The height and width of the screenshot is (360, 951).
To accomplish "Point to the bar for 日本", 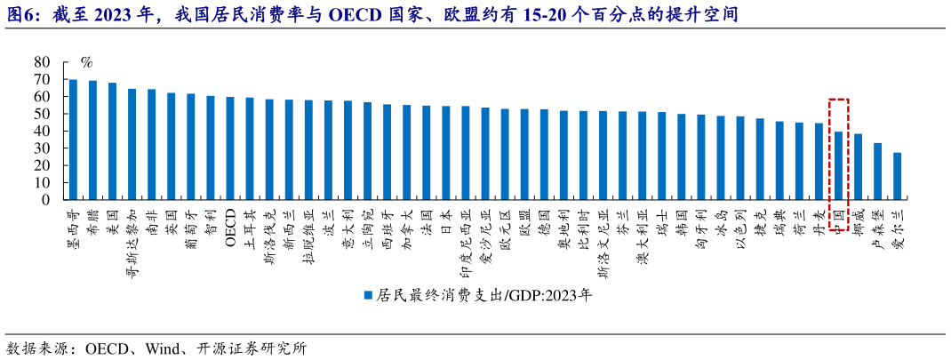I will [445, 153].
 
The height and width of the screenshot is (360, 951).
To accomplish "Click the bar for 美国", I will [112, 141].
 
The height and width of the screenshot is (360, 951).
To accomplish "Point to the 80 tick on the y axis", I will [42, 62].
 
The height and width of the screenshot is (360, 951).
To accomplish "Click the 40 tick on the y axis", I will [42, 132].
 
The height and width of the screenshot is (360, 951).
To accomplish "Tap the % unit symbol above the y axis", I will [86, 63].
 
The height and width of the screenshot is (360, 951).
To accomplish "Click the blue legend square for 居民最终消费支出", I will [367, 296].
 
